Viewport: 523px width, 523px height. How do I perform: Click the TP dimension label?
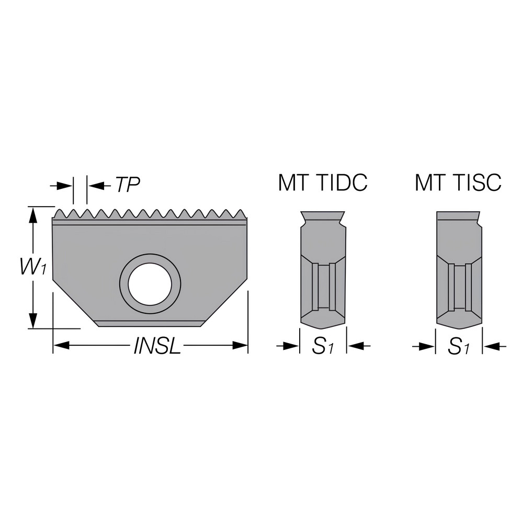pyautogui.click(x=128, y=185)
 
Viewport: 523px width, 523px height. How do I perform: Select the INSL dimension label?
pyautogui.click(x=157, y=346)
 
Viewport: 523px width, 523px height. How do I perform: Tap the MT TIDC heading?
pyautogui.click(x=323, y=183)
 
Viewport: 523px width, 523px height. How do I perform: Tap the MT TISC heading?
pyautogui.click(x=458, y=183)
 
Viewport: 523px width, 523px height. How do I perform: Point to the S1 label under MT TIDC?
pyautogui.click(x=323, y=346)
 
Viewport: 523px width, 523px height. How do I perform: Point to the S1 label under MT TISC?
pyautogui.click(x=458, y=346)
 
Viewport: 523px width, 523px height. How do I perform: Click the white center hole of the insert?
pyautogui.click(x=150, y=284)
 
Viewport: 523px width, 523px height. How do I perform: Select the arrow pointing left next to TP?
pyautogui.click(x=94, y=185)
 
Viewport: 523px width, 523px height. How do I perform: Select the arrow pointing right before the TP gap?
pyautogui.click(x=65, y=185)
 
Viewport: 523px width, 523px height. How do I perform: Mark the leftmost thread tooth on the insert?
pyautogui.click(x=59, y=213)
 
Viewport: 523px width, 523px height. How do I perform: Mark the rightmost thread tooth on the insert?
pyautogui.click(x=242, y=213)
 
